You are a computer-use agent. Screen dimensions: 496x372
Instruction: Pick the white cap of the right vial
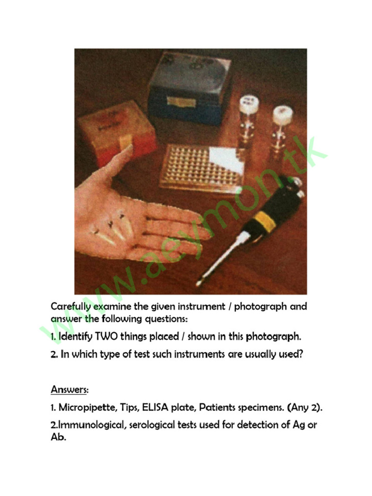(x=282, y=115)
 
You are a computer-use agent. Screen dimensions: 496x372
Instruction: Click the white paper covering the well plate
(x=226, y=160)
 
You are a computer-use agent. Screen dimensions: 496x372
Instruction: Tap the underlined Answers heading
(x=68, y=390)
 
